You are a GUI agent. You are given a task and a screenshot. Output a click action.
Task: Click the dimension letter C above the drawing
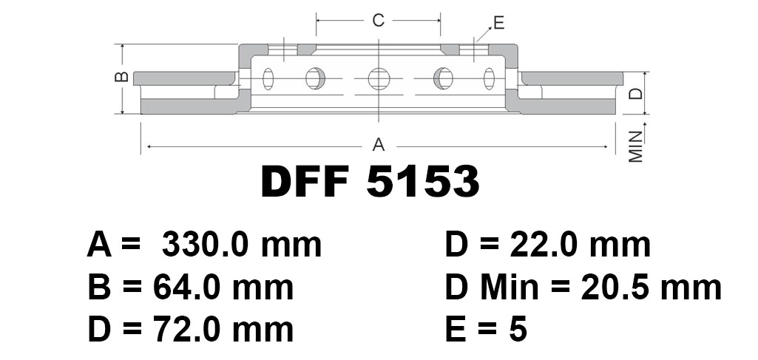tap(378, 20)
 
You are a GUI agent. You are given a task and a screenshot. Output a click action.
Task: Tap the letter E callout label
tap(499, 23)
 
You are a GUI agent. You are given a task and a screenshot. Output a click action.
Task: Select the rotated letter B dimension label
tap(123, 76)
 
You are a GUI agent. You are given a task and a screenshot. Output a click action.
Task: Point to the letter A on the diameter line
tap(379, 144)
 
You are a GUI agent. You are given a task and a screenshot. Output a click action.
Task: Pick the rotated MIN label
tap(636, 146)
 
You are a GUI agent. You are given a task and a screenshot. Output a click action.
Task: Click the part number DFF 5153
tap(370, 181)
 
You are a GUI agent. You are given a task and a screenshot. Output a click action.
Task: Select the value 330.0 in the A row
tap(205, 245)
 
